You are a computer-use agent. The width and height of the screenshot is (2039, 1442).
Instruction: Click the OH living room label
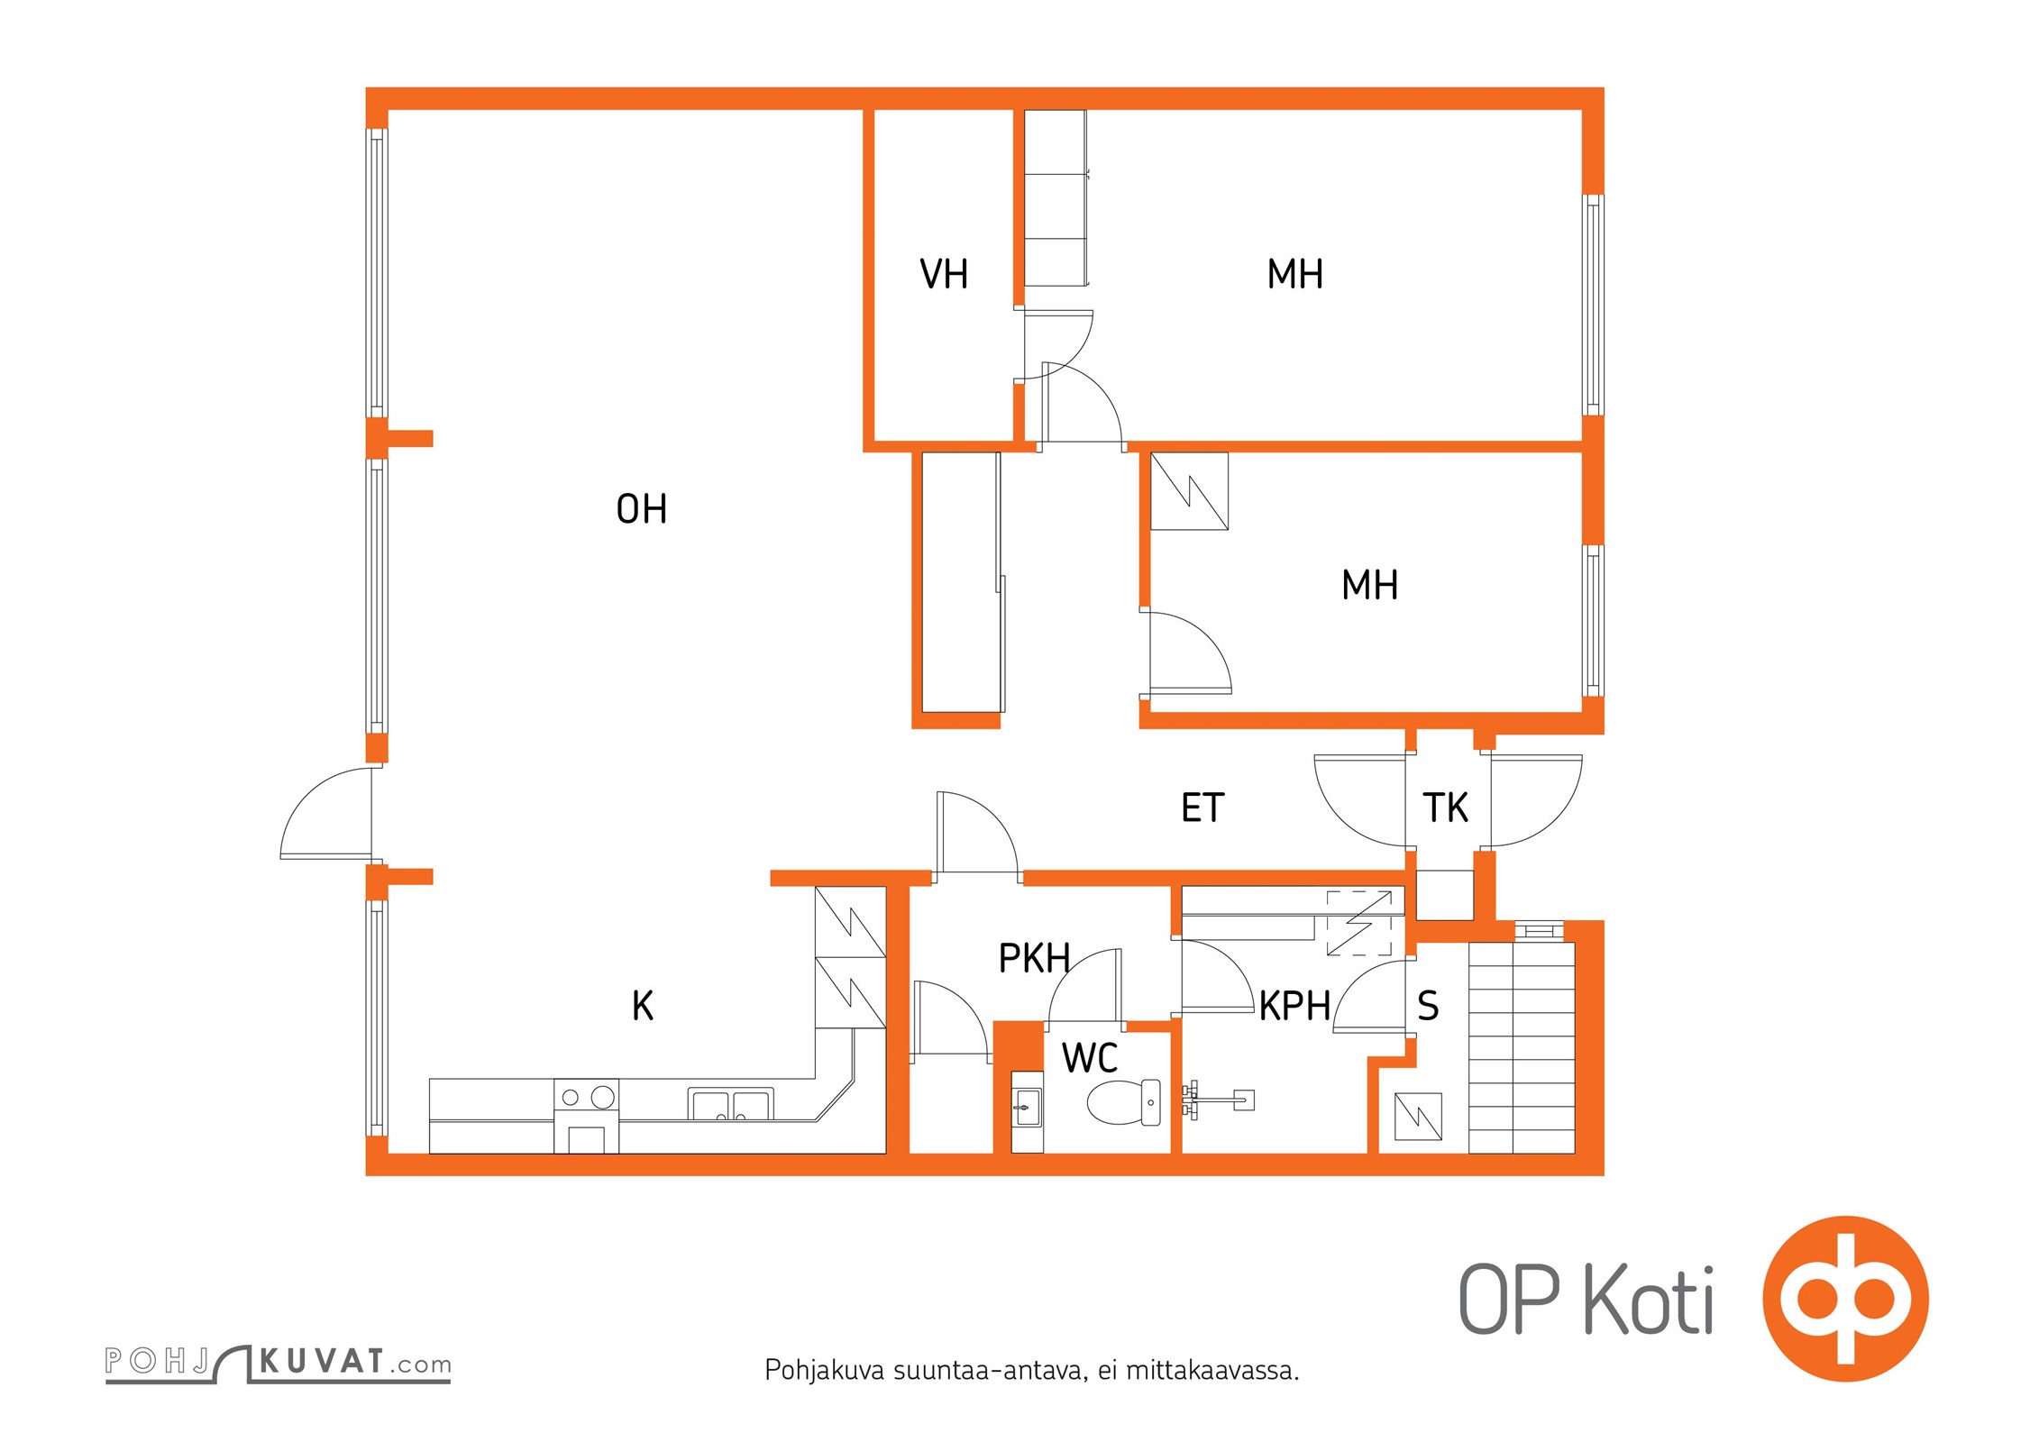click(x=641, y=509)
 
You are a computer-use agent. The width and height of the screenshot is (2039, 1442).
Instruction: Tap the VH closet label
click(x=944, y=274)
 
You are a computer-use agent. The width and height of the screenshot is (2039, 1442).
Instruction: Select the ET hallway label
click(x=1202, y=808)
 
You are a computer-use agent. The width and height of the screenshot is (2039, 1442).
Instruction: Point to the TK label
click(x=1445, y=808)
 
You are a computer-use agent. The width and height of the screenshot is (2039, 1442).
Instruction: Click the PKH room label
click(x=1034, y=958)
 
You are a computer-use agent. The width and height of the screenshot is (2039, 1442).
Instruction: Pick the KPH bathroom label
click(x=1294, y=1006)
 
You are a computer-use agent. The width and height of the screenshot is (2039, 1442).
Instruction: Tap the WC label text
click(x=1090, y=1058)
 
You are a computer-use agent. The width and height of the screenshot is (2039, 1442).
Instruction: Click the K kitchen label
click(x=643, y=1006)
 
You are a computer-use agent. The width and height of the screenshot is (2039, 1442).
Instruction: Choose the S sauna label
click(x=1428, y=1006)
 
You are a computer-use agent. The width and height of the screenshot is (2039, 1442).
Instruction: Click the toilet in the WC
click(x=1124, y=1102)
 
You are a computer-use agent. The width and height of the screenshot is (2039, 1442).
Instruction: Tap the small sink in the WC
click(x=1027, y=1107)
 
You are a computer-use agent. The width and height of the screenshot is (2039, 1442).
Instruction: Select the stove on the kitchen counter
click(x=586, y=1115)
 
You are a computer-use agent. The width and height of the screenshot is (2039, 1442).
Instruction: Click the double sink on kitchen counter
click(x=730, y=1104)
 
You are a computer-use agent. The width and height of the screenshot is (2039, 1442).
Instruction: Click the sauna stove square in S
click(x=1418, y=1117)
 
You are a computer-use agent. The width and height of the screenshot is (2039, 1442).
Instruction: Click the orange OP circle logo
click(x=1845, y=1299)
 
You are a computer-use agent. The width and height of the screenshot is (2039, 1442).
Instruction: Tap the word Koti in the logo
click(x=1649, y=1301)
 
